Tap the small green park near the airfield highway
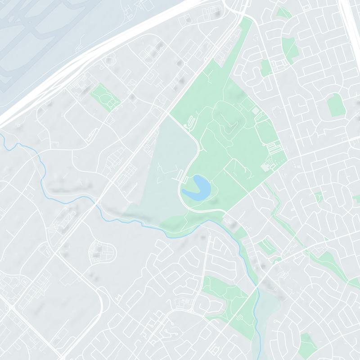tap(105, 95)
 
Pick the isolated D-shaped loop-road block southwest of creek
tap(101, 252)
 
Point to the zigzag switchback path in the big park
tap(191, 121)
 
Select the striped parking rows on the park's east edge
tap(273, 147)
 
